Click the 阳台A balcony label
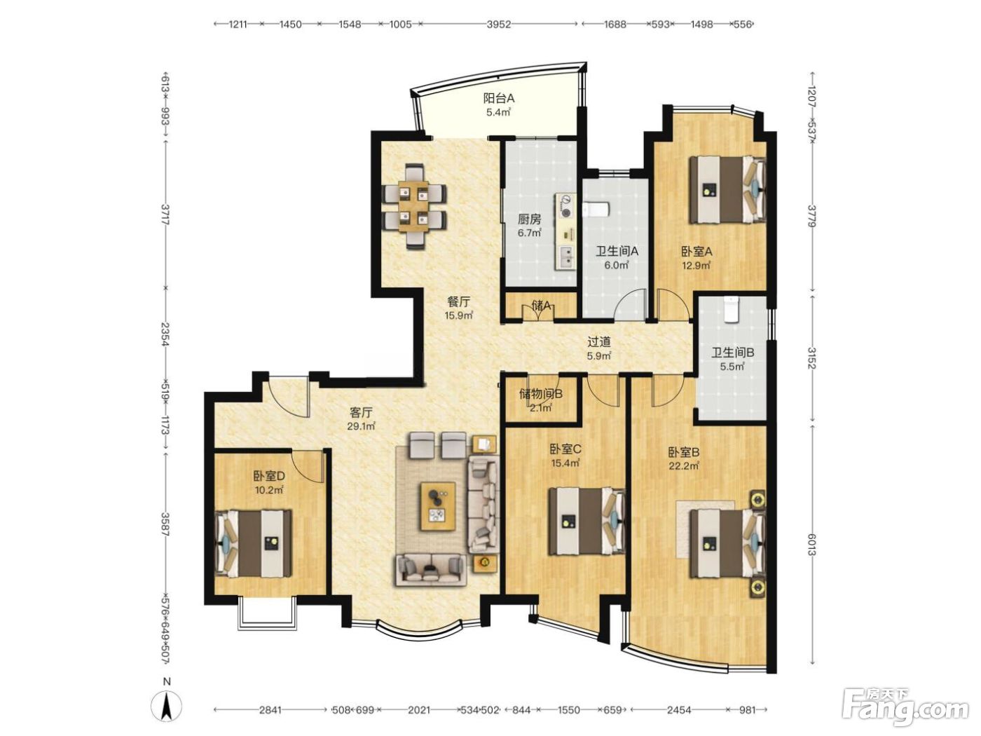[499, 97]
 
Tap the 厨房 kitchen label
[529, 219]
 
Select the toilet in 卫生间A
[596, 210]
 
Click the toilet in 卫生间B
[732, 309]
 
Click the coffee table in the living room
[437, 506]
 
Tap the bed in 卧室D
[253, 543]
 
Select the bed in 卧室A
[727, 189]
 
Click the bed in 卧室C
[586, 521]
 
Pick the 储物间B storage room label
[540, 394]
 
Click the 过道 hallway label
[599, 342]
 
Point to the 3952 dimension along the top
[499, 24]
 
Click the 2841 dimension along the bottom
[270, 709]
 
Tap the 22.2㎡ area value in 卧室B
[684, 466]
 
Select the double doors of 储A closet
[539, 312]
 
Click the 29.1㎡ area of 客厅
[361, 426]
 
